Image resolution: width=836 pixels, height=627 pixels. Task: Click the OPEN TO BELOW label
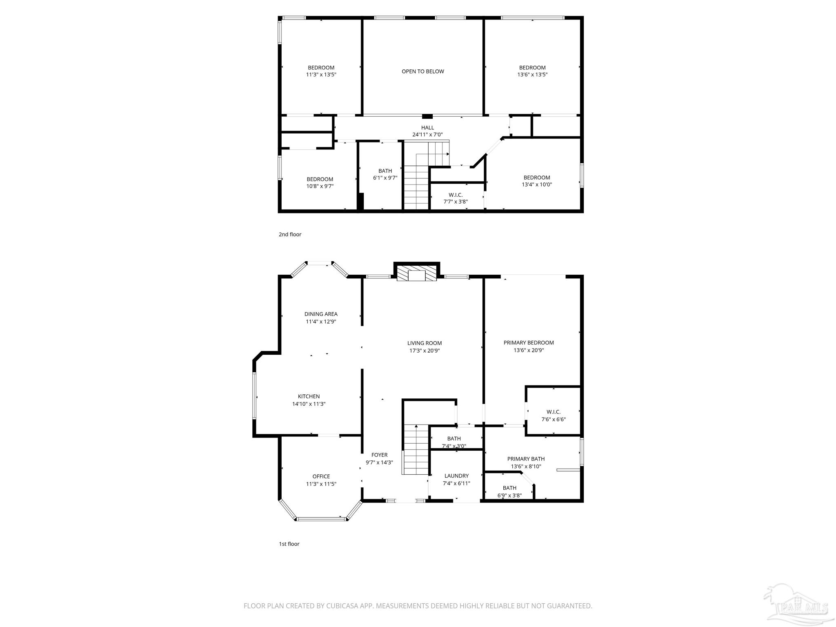click(422, 71)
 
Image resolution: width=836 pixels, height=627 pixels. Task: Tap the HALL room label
click(427, 128)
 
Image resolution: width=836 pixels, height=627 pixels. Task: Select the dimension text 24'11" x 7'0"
click(427, 135)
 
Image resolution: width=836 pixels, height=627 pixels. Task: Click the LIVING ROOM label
click(425, 343)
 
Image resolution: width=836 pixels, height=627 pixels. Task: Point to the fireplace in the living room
click(417, 274)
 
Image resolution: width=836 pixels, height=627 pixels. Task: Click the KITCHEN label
click(309, 396)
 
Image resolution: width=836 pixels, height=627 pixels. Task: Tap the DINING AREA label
click(321, 314)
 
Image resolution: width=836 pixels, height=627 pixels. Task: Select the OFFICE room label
click(321, 476)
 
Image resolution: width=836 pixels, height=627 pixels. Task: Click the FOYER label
click(379, 455)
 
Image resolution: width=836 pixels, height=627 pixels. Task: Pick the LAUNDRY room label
click(456, 476)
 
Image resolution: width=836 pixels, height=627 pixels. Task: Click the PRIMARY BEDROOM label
click(529, 342)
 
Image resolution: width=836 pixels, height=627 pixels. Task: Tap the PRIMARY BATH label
click(526, 459)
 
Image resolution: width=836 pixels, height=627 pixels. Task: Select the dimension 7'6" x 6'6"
click(554, 419)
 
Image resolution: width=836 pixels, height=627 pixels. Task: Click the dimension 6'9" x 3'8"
click(509, 496)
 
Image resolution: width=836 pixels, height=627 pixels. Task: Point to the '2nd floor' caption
click(290, 234)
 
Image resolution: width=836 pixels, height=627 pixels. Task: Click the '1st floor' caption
click(289, 544)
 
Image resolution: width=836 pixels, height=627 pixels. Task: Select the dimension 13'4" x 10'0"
click(537, 185)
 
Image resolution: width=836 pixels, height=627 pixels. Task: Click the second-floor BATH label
click(385, 171)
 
